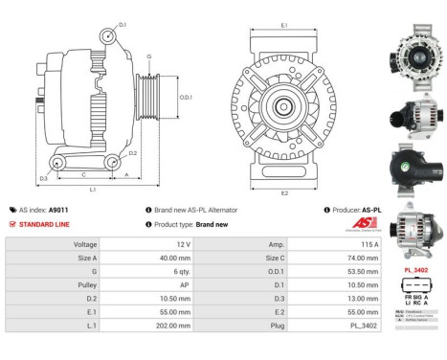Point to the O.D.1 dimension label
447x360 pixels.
click(187, 97)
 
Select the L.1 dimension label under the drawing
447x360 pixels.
click(93, 191)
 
